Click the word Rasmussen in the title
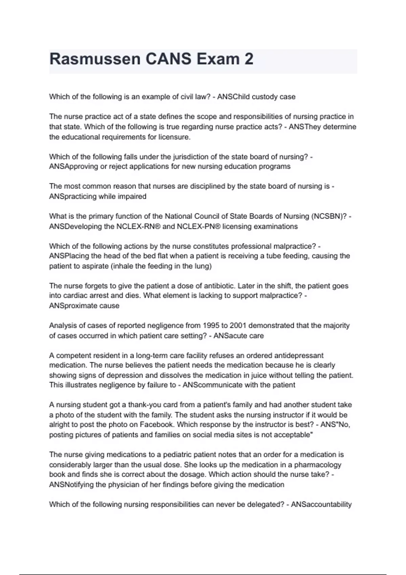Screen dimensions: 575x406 (95, 59)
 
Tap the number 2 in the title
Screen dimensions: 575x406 (249, 59)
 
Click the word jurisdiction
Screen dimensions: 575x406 (190, 157)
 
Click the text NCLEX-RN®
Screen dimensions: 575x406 (138, 226)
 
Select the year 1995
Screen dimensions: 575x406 (211, 325)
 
